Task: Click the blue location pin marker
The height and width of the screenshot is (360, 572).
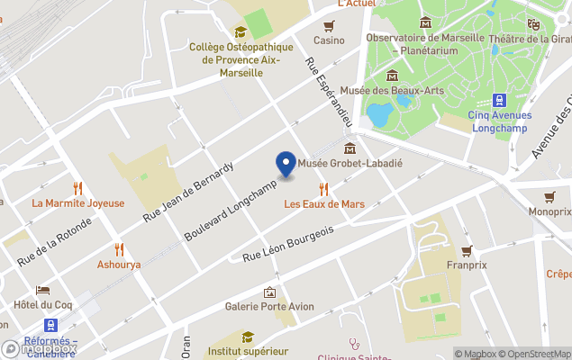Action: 286,165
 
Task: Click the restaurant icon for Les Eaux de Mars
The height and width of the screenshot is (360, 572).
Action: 324,188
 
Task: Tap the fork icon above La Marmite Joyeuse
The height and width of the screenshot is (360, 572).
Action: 78,188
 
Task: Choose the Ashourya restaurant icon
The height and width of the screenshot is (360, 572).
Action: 119,249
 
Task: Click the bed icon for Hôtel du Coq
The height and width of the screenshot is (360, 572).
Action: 42,290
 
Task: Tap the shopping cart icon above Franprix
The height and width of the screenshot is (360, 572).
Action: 467,250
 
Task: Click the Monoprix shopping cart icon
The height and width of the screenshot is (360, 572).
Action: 549,196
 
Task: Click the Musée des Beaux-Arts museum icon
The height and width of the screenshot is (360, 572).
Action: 393,76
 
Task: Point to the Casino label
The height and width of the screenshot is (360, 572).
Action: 329,40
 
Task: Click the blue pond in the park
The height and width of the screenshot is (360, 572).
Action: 379,114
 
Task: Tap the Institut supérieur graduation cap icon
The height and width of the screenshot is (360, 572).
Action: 247,337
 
